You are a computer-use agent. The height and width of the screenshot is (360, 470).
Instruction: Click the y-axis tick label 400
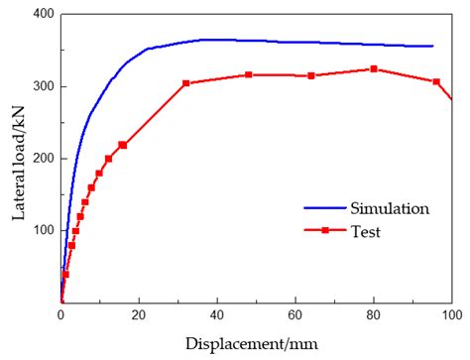click(42, 15)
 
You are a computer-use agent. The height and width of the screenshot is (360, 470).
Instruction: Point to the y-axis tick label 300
click(42, 86)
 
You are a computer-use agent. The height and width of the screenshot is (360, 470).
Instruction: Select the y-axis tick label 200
click(42, 159)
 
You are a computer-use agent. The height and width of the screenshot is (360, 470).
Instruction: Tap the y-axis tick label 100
click(42, 230)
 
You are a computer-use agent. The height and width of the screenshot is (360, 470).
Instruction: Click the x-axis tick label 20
click(139, 315)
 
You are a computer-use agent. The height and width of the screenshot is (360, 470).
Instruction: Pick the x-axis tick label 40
click(217, 315)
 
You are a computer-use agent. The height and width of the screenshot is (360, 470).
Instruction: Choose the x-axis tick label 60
click(295, 315)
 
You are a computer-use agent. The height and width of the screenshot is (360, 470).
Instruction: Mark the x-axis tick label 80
click(373, 315)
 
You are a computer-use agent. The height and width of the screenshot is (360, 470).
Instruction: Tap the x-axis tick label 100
click(451, 315)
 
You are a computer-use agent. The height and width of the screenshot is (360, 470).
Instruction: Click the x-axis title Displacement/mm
click(257, 342)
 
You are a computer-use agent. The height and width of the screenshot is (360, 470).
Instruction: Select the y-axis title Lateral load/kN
click(14, 159)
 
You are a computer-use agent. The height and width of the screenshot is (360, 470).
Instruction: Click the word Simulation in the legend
click(389, 208)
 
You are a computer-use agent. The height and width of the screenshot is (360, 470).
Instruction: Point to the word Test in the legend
click(365, 233)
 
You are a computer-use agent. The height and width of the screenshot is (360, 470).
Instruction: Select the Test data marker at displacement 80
click(373, 69)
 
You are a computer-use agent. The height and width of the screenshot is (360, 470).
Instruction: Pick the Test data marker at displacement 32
click(186, 83)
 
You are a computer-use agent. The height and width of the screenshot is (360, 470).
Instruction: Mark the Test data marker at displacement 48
click(248, 75)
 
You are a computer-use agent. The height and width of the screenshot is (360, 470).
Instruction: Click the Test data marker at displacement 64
click(311, 76)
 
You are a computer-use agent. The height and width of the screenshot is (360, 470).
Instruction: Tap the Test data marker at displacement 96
click(436, 81)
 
